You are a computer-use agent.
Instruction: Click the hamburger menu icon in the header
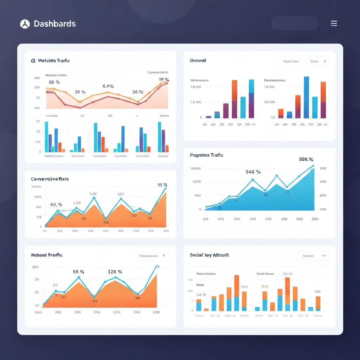(x=334, y=24)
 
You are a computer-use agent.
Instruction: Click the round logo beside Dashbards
(x=25, y=24)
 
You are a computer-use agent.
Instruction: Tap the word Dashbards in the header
(x=54, y=24)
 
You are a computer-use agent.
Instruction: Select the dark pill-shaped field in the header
(x=295, y=23)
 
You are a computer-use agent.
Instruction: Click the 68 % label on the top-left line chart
(x=54, y=82)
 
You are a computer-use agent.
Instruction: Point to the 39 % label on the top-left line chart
(x=163, y=79)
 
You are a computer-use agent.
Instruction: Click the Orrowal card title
(x=198, y=60)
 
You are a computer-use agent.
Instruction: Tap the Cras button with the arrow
(x=318, y=61)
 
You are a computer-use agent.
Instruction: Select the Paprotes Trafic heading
(x=206, y=155)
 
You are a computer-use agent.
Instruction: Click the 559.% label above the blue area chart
(x=306, y=159)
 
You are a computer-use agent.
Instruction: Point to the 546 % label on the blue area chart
(x=253, y=172)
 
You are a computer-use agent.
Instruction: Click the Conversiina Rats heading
(x=50, y=179)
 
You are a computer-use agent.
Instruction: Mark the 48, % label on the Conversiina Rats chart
(x=56, y=204)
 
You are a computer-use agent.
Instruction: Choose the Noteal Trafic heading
(x=47, y=255)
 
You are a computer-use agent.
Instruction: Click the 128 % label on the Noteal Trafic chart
(x=115, y=271)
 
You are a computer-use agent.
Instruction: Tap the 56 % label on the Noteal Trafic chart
(x=78, y=271)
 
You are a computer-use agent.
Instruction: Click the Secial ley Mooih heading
(x=209, y=255)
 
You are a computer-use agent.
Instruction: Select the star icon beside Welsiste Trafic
(x=33, y=60)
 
